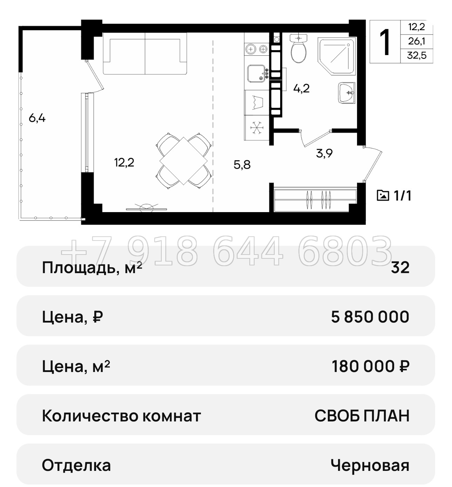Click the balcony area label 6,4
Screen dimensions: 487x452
click(37, 118)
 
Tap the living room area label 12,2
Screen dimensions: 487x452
click(124, 162)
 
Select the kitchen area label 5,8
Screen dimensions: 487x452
click(242, 164)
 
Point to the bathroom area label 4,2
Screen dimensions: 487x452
click(301, 88)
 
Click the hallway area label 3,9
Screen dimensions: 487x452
click(324, 153)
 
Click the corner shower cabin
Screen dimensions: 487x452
click(336, 56)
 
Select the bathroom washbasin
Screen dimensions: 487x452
click(347, 93)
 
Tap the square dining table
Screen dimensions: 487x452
click(184, 161)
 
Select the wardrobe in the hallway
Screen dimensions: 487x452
click(315, 200)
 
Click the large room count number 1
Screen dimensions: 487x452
click(385, 42)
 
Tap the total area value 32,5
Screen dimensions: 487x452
click(417, 55)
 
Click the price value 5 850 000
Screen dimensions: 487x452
click(370, 317)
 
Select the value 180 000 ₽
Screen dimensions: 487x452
click(370, 366)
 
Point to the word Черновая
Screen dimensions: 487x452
click(370, 465)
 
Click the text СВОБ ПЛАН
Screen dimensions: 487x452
click(362, 416)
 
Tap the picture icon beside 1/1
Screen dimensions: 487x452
click(383, 195)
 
